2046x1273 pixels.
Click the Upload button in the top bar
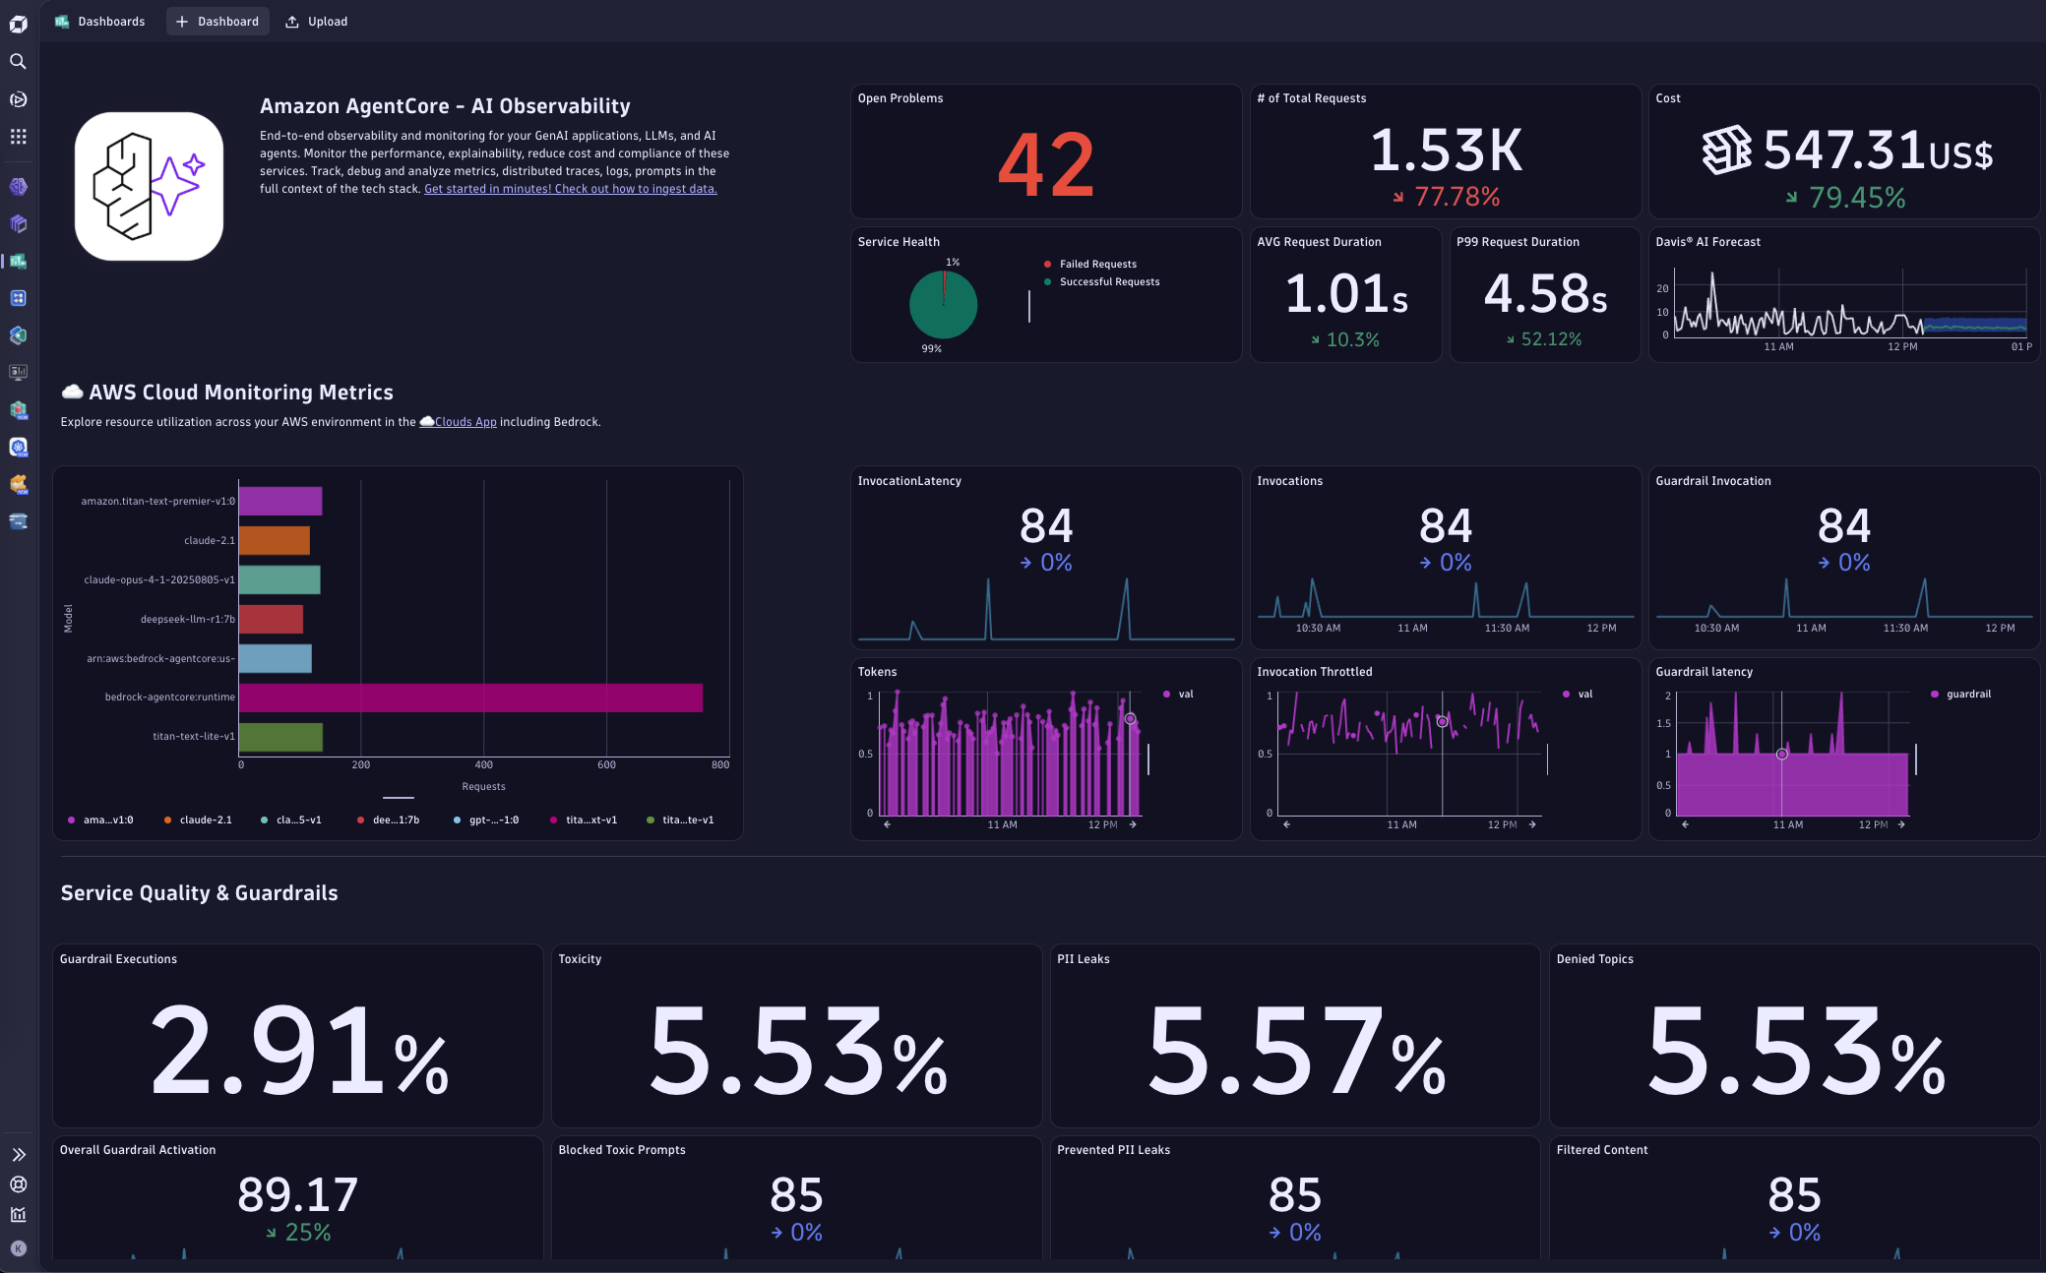317,22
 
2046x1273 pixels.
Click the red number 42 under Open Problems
1045,164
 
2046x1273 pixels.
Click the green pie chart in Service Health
943,305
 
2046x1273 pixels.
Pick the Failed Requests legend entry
1096,264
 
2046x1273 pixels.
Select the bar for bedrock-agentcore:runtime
470,697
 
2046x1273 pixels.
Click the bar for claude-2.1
275,540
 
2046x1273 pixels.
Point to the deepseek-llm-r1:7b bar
271,619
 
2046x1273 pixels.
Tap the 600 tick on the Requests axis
606,764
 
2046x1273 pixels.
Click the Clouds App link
465,422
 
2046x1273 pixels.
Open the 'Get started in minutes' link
570,189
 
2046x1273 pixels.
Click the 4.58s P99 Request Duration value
1545,293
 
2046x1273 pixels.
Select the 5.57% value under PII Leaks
1295,1052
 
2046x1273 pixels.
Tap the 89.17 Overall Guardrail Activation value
297,1194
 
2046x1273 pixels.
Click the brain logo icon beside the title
149,186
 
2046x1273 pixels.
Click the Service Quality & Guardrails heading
199,893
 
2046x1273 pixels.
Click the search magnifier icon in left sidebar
18,61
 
